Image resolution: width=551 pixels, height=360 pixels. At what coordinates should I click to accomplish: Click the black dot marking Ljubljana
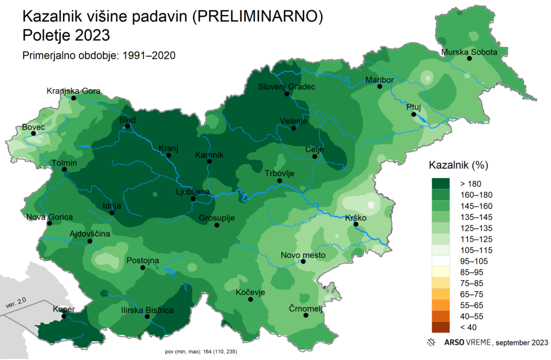[x=193, y=199]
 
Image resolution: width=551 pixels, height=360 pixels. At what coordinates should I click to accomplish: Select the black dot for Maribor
[x=379, y=86]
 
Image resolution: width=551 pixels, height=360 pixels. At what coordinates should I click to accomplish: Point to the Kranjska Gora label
[x=74, y=90]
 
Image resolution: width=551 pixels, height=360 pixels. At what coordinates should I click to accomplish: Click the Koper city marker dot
[x=64, y=316]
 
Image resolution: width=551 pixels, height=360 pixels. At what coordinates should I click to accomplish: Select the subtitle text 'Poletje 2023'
[x=66, y=36]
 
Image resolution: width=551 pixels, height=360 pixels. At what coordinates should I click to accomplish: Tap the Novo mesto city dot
[x=303, y=262]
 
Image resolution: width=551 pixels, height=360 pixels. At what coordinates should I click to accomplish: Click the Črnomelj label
[x=305, y=308]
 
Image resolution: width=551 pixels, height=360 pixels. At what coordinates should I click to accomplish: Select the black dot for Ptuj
[x=413, y=115]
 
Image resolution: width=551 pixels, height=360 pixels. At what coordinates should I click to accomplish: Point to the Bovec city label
[x=33, y=127]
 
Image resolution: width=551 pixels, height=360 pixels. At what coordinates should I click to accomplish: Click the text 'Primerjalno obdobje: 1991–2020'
[x=100, y=55]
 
